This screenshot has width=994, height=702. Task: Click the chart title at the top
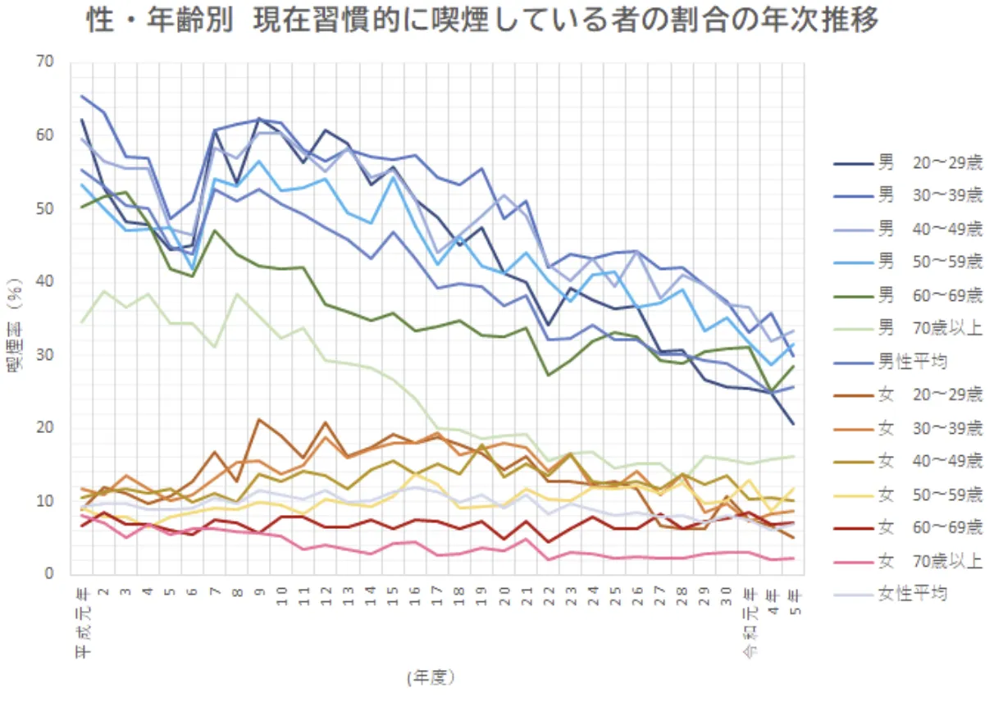[x=483, y=21]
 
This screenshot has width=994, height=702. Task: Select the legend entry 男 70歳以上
[x=905, y=328]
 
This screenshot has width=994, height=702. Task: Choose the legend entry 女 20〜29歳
[x=905, y=394]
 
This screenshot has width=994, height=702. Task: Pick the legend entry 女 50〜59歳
[x=905, y=495]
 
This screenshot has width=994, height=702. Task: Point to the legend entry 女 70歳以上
[x=905, y=561]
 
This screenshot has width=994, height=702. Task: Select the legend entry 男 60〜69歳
[x=905, y=295]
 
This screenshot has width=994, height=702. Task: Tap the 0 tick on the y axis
[x=50, y=574]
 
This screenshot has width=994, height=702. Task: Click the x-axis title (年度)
[x=430, y=677]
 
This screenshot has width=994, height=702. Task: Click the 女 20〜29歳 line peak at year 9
[x=259, y=420]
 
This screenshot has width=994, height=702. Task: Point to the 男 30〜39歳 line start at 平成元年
[x=82, y=96]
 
